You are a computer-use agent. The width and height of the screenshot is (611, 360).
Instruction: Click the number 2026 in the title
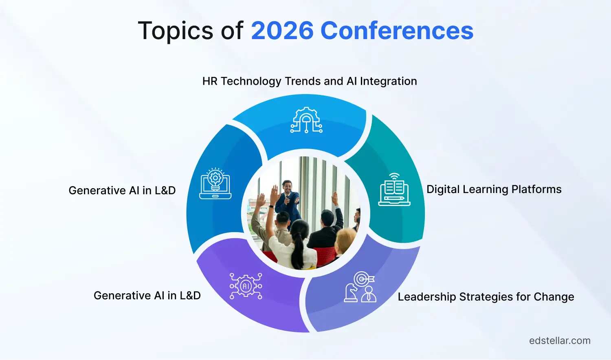(282, 31)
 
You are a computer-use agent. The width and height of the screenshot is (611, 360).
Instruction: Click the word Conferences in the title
(397, 31)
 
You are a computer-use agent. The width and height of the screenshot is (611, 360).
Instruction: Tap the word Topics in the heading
(176, 31)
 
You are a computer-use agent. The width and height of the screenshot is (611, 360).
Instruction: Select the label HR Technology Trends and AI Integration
(310, 81)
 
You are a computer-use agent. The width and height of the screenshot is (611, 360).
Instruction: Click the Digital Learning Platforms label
(494, 189)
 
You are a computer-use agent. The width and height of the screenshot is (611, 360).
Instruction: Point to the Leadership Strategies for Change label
(486, 297)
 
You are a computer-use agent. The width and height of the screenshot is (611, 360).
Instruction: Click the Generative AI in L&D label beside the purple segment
(147, 296)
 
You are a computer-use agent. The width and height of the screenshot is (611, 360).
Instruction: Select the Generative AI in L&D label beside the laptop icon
(122, 191)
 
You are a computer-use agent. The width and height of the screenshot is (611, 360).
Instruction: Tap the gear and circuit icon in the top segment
(306, 120)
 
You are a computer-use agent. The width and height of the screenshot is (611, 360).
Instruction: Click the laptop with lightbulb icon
(215, 184)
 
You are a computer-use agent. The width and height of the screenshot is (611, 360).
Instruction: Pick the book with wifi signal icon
(394, 189)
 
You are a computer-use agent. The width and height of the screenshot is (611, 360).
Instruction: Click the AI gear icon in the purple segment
(246, 286)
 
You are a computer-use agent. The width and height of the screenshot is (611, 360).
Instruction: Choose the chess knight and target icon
(360, 287)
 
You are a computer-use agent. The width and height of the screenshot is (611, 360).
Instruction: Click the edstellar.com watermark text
(559, 341)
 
